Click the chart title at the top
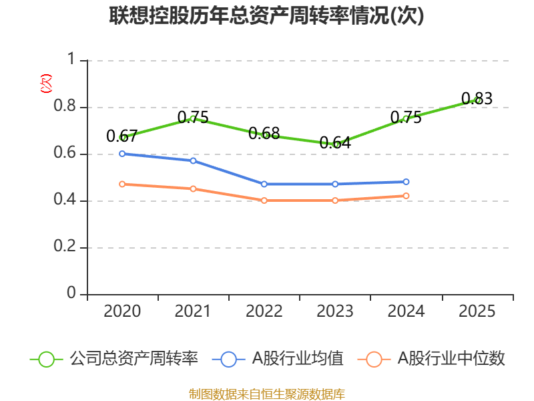266,15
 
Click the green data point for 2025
477,100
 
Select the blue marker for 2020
122,154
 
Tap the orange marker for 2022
264,200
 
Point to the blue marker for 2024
406,182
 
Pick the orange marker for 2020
122,184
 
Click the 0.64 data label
335,142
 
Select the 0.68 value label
264,133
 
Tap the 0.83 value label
477,98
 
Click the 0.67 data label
122,136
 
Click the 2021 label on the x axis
193,311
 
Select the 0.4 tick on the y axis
65,199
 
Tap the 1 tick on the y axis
71,59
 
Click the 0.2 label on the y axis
65,246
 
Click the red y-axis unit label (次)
46,84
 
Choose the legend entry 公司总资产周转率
114,359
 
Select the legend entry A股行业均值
278,359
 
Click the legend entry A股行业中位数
431,359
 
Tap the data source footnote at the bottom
267,394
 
